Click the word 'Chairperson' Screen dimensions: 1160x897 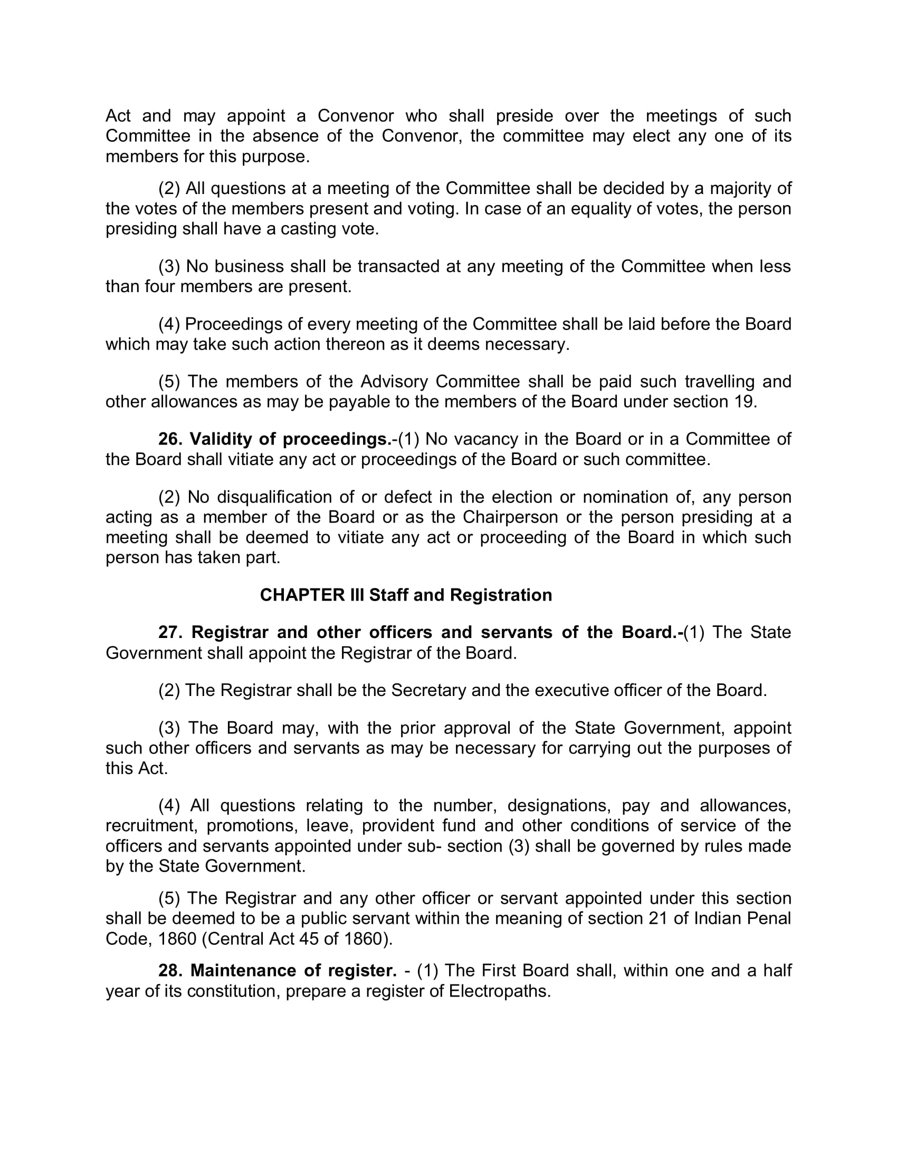click(510, 517)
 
